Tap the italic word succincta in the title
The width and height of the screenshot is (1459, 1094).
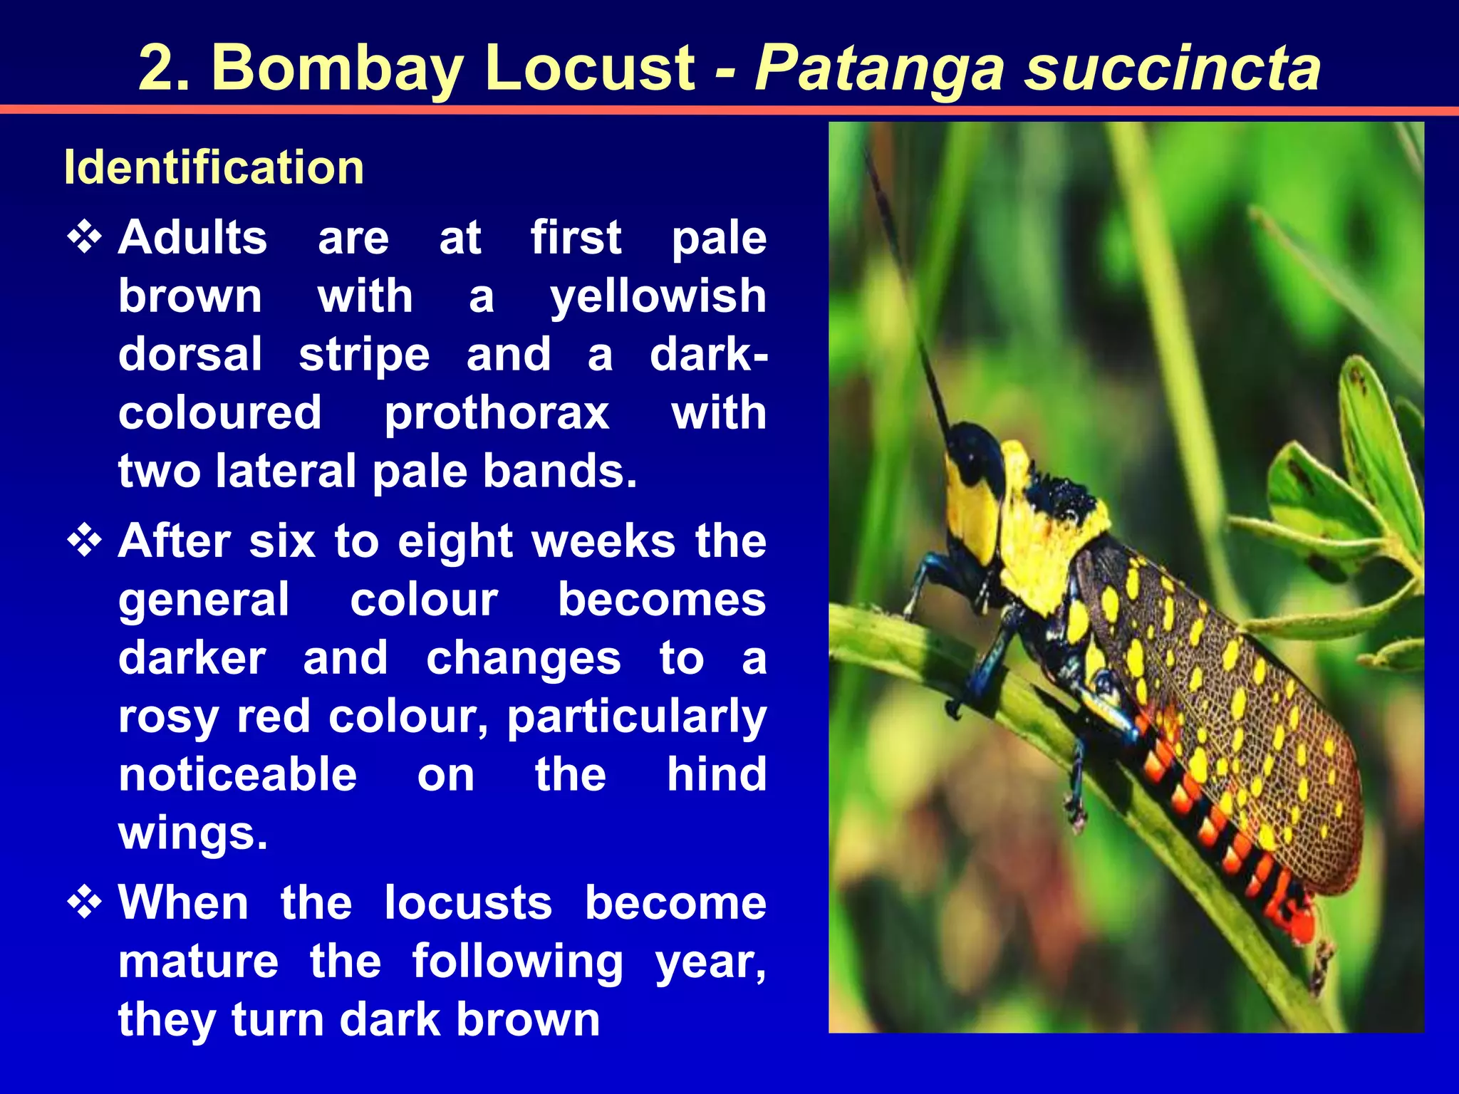tap(1173, 68)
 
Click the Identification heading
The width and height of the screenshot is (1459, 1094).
tap(214, 167)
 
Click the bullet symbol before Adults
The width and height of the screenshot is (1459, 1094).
tap(85, 238)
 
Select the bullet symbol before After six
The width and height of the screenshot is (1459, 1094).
tap(85, 541)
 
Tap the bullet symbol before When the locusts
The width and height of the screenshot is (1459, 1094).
tap(85, 902)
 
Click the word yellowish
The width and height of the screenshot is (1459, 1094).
tap(658, 296)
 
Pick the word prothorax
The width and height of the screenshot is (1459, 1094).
tap(497, 413)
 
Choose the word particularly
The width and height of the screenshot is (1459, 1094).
tap(636, 717)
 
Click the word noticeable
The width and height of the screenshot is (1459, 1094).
tap(237, 775)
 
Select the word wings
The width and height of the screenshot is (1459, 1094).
tap(192, 833)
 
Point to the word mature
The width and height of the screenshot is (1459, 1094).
tap(198, 962)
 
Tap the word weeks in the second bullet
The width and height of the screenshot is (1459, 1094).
tap(603, 541)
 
